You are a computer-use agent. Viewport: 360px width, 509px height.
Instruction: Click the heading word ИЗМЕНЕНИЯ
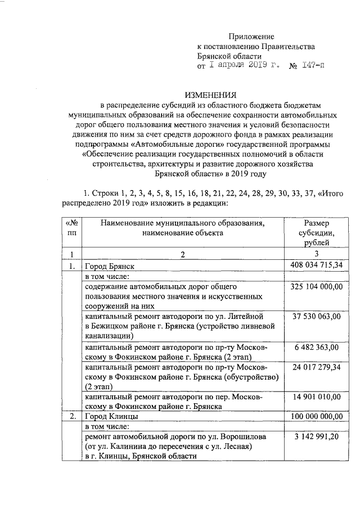point(211,94)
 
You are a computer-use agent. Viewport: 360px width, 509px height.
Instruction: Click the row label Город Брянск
point(110,265)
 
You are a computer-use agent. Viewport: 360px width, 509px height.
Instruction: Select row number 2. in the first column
point(71,417)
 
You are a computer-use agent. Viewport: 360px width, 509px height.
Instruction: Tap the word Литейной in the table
point(242,317)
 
